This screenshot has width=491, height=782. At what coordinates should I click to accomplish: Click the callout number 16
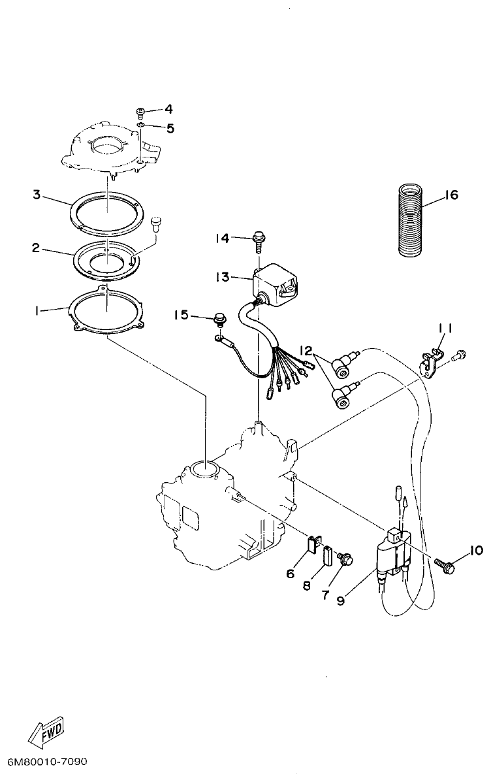pyautogui.click(x=451, y=195)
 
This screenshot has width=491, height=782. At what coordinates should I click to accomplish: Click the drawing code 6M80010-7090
pyautogui.click(x=47, y=762)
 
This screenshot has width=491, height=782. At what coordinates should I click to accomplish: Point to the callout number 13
pyautogui.click(x=221, y=277)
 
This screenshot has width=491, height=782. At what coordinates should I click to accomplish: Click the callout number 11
pyautogui.click(x=445, y=328)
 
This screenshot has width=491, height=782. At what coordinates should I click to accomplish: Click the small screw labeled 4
pyautogui.click(x=140, y=110)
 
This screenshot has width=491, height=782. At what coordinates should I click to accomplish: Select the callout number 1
pyautogui.click(x=38, y=312)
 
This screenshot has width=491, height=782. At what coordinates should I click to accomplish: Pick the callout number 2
pyautogui.click(x=38, y=248)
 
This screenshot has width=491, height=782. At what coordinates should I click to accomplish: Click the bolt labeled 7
pyautogui.click(x=345, y=559)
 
